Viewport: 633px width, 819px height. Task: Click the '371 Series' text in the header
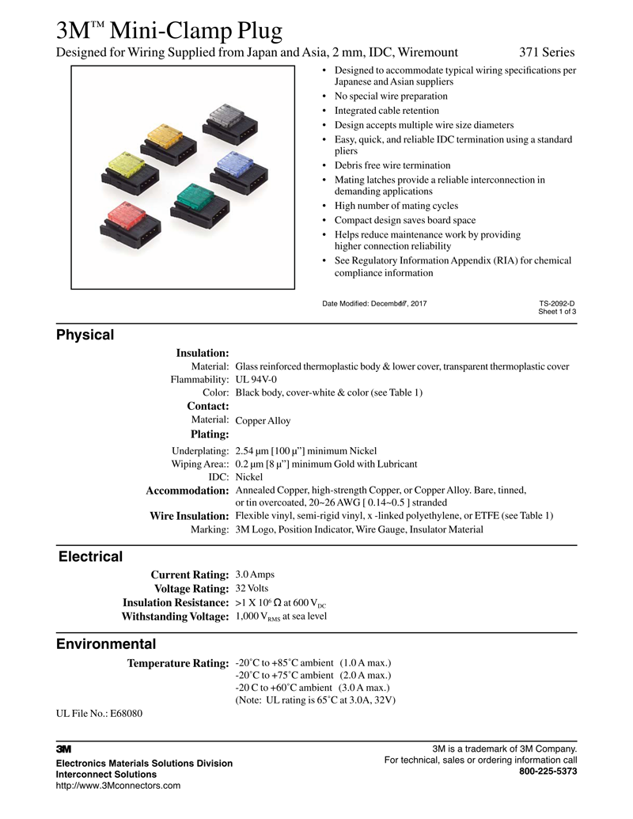coord(547,53)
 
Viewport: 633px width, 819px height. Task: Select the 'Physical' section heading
coord(85,335)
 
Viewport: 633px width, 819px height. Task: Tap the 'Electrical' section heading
coord(90,556)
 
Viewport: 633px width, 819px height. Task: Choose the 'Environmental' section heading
coord(106,644)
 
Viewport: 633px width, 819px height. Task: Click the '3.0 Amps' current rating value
coord(256,574)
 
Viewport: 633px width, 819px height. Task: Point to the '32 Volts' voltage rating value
coord(252,589)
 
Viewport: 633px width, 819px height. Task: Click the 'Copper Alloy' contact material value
coord(263,421)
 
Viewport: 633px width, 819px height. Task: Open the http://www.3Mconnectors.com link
coord(118,786)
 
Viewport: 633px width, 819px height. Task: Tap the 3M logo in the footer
coord(64,748)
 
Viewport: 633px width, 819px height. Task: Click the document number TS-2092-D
coord(557,303)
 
